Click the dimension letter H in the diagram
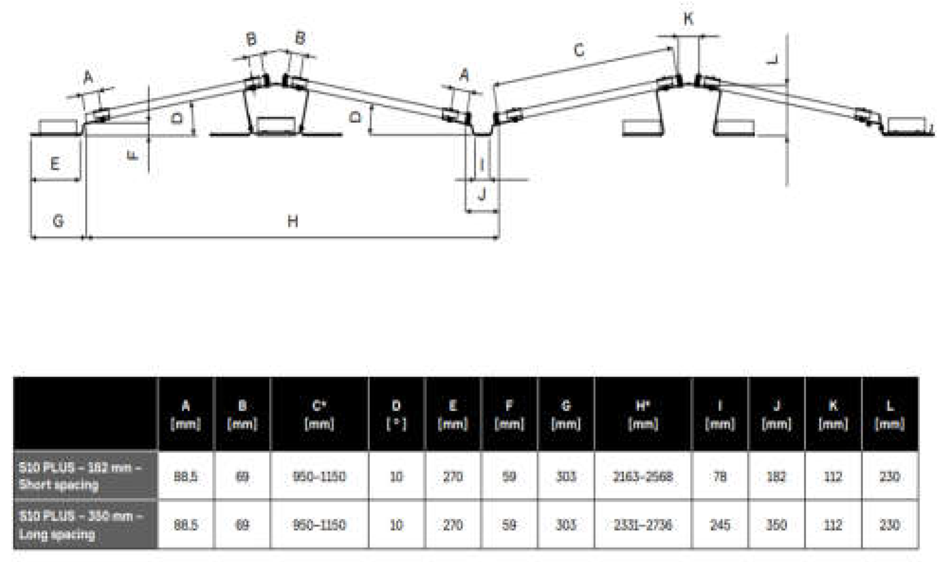(293, 221)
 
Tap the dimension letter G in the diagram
(58, 221)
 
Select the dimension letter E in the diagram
(55, 164)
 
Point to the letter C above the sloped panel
(579, 50)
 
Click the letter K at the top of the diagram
(688, 19)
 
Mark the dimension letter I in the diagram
(482, 165)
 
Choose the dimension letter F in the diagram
(134, 155)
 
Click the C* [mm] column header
(319, 414)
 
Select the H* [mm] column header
(643, 414)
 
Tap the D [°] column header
(396, 414)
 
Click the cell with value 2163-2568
(643, 476)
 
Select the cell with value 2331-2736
(643, 525)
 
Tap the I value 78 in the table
(719, 476)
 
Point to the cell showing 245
(719, 525)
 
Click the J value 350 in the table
(776, 525)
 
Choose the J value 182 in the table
(776, 476)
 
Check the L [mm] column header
(889, 414)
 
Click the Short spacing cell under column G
(565, 476)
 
